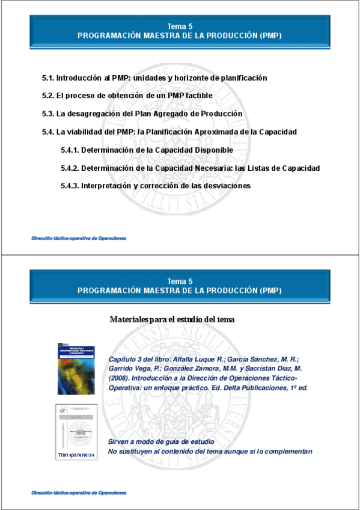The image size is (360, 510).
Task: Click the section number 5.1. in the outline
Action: tap(48, 78)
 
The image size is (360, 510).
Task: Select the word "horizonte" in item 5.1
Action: tap(186, 78)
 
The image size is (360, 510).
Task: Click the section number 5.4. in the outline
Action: tap(48, 132)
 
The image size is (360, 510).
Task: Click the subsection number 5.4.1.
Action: tap(70, 150)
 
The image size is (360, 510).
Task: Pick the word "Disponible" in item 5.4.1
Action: tap(213, 150)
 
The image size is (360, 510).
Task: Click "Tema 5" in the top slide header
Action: tap(180, 26)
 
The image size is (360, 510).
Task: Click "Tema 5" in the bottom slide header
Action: tap(180, 281)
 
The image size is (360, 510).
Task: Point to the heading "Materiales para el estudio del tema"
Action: tap(172, 319)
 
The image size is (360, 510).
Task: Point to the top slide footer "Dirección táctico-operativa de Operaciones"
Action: tap(79, 239)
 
